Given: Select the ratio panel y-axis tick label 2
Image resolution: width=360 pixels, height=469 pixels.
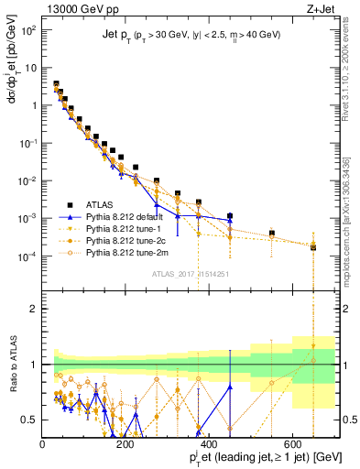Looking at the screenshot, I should click(34, 309).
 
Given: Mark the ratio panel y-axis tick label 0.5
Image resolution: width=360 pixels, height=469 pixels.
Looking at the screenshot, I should click(29, 420).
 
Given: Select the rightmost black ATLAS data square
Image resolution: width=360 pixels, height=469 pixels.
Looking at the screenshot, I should click(313, 246).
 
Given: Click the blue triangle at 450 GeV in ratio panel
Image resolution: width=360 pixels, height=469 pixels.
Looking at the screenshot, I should click(230, 387).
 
